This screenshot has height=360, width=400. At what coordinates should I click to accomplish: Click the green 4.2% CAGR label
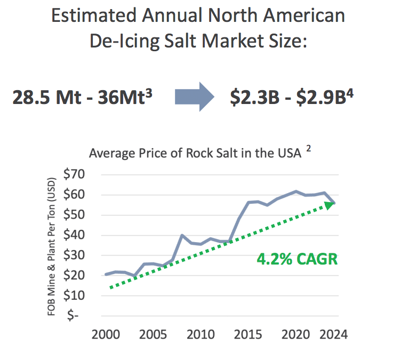pyautogui.click(x=298, y=260)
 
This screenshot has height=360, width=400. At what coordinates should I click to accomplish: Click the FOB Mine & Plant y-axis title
pyautogui.click(x=52, y=245)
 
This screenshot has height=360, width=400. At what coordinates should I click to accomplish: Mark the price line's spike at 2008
pyautogui.click(x=182, y=235)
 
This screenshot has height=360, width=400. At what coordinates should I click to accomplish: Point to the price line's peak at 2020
pyautogui.click(x=295, y=191)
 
